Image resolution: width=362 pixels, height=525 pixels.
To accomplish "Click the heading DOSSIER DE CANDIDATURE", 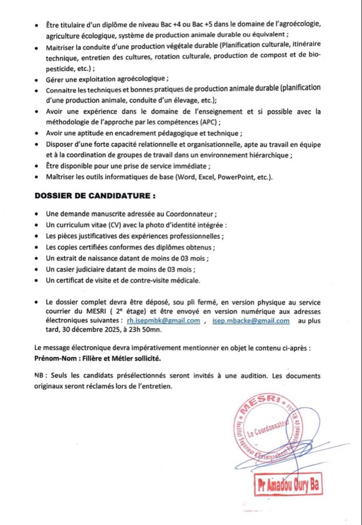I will tap(95, 196).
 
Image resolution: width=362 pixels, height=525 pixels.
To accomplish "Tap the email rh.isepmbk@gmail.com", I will tap(163, 321).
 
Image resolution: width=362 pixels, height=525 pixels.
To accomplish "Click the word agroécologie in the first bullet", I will tap(300, 24).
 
